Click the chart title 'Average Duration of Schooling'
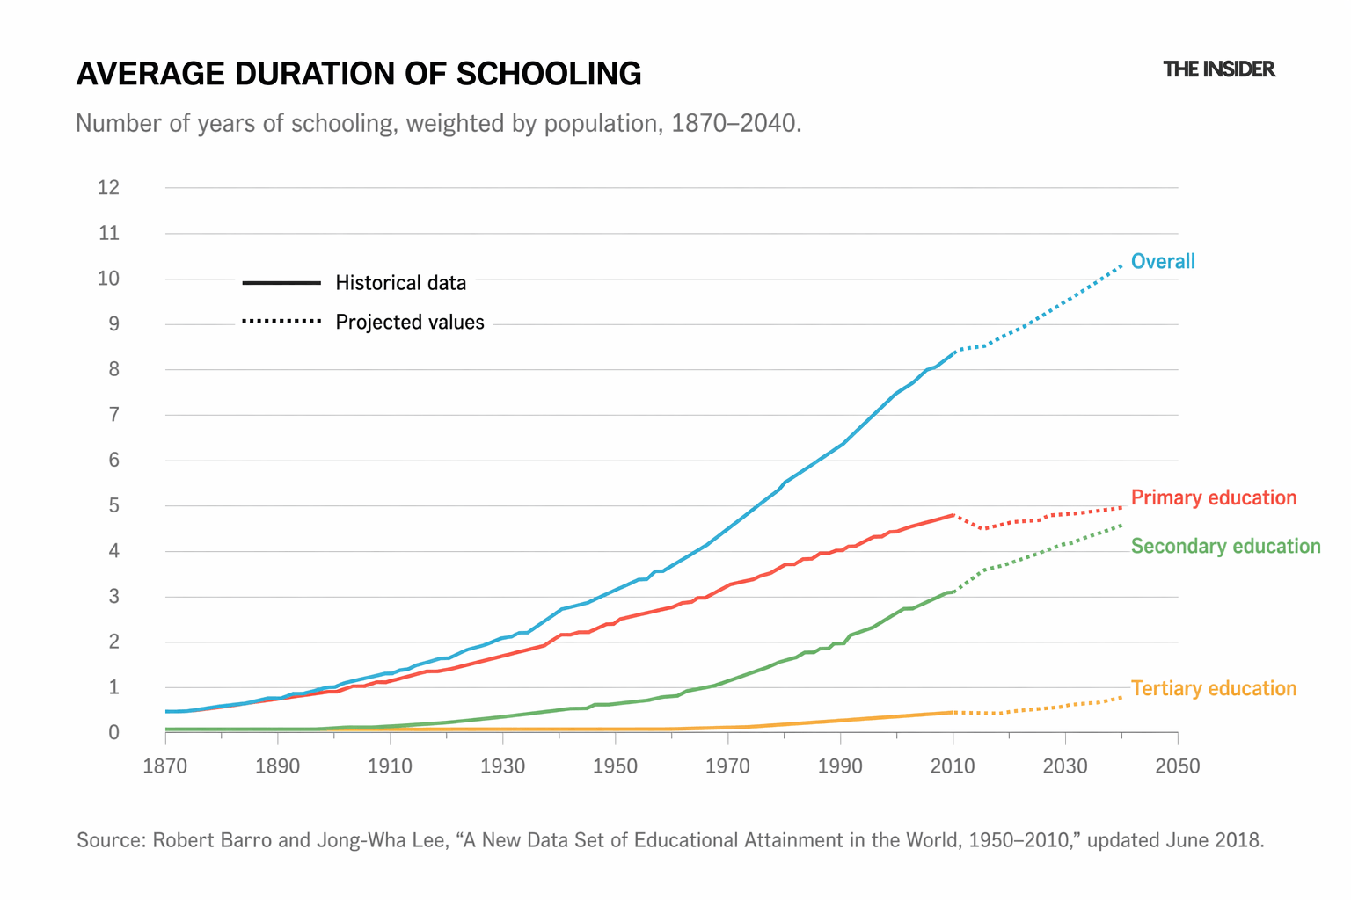(359, 74)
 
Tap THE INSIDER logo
(1218, 69)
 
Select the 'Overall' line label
(1163, 261)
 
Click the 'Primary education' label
(1213, 497)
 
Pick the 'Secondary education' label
(1225, 546)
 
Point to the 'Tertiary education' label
(1213, 688)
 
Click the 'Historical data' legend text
(400, 283)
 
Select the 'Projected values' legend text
(410, 323)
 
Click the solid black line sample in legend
(281, 282)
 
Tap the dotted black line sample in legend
(281, 322)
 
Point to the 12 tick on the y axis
(108, 187)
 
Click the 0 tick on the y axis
(113, 733)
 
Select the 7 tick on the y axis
(113, 415)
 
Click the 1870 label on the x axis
(165, 766)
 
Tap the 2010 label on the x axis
(953, 766)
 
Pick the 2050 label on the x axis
(1178, 766)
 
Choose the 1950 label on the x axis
(615, 766)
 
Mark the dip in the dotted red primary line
(983, 528)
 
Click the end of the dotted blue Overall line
(1121, 265)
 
